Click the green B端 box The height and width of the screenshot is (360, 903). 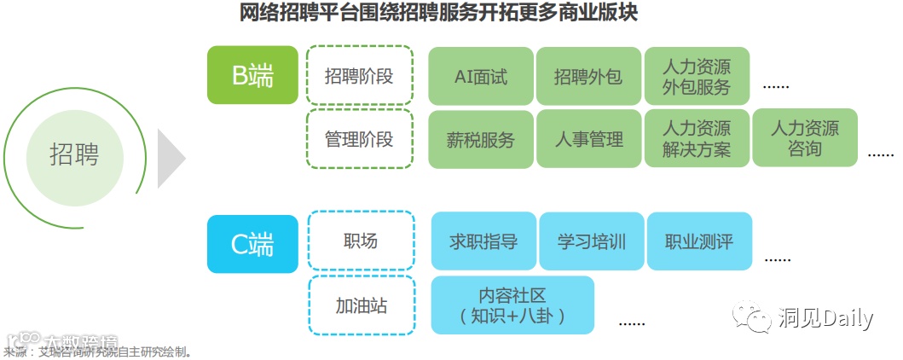click(252, 75)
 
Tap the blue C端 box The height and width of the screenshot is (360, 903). click(252, 243)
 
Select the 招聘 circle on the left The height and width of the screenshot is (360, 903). click(74, 155)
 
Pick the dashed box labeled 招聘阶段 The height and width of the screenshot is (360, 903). click(359, 76)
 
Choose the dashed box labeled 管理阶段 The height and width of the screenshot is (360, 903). click(359, 138)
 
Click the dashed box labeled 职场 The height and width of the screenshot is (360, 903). click(359, 241)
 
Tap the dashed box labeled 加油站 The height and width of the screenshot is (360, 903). click(361, 305)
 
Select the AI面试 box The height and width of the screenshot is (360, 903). click(480, 77)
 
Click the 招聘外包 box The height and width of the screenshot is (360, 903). click(588, 77)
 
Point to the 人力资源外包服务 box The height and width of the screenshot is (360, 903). click(697, 77)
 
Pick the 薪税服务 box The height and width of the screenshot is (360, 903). click(480, 139)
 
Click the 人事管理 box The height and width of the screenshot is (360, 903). click(588, 139)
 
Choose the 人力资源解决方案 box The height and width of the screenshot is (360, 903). click(697, 139)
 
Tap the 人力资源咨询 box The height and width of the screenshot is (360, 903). click(804, 139)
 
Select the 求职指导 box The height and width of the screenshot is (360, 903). click(483, 242)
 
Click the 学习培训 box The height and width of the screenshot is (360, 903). click(592, 242)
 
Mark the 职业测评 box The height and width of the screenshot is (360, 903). click(699, 242)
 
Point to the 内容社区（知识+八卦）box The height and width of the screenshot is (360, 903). click(512, 305)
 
